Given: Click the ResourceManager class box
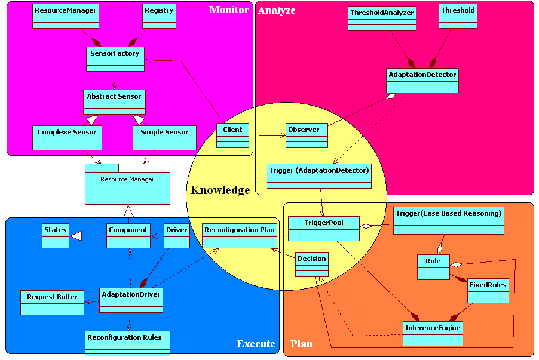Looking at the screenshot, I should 65,16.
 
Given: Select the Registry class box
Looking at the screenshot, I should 159,16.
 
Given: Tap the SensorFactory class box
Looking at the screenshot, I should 115,59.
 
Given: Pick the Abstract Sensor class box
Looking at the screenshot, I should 114,101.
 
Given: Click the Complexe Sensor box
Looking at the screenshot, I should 67,137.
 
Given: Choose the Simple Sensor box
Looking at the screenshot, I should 164,137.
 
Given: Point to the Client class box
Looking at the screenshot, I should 232,135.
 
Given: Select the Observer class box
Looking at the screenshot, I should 307,135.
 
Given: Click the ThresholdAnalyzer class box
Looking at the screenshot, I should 382,19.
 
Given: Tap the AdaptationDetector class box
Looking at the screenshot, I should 422,81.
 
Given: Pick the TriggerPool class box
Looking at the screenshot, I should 323,228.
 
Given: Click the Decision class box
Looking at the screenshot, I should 312,264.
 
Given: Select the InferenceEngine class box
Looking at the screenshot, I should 433,333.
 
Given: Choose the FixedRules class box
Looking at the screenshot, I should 488,290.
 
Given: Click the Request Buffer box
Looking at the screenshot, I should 52,302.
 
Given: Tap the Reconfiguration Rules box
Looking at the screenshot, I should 127,343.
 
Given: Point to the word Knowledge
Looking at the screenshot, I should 220,190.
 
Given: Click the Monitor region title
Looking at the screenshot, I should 229,10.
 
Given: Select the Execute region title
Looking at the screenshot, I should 256,344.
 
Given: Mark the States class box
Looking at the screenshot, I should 56,236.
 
